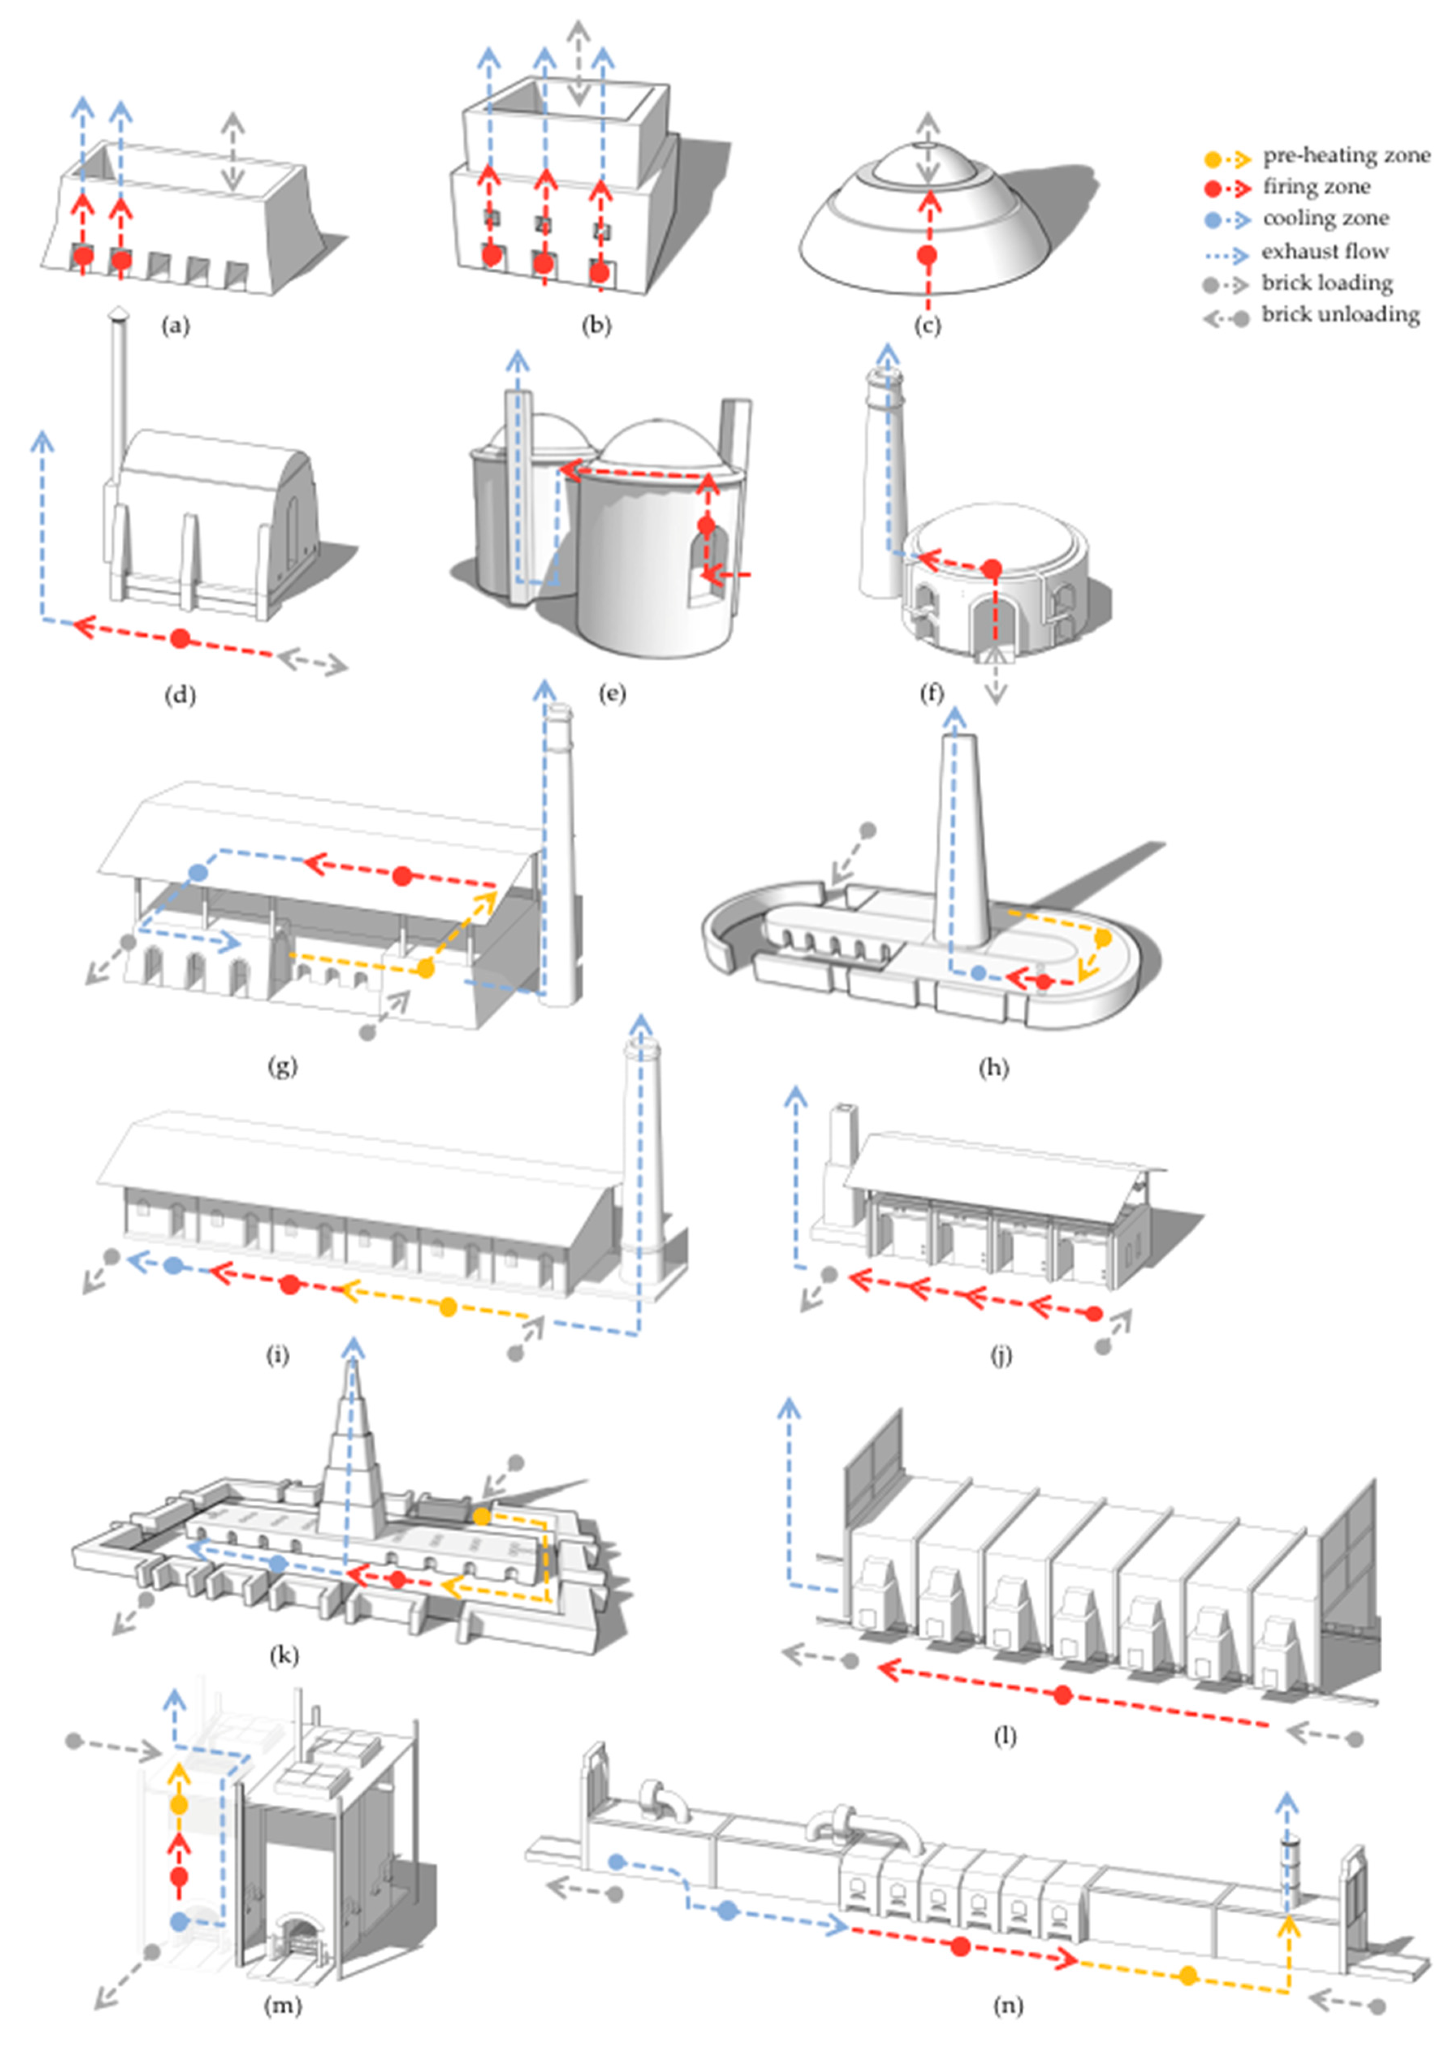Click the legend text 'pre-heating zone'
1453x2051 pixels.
pyautogui.click(x=1346, y=156)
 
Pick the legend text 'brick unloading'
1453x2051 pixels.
pyautogui.click(x=1340, y=315)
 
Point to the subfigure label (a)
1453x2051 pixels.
pyautogui.click(x=175, y=325)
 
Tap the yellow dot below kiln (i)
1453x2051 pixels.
pyautogui.click(x=448, y=1308)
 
